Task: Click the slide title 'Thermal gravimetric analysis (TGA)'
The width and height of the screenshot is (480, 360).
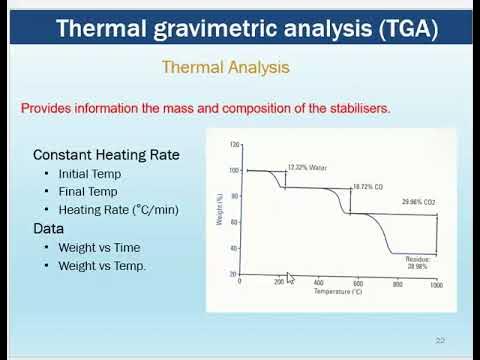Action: click(247, 28)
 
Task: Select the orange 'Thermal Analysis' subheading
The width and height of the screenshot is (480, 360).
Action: click(226, 68)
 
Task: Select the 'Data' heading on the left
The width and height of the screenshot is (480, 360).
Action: click(50, 228)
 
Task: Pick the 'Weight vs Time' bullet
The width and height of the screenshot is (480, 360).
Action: click(99, 247)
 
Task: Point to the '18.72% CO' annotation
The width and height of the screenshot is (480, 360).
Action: click(369, 187)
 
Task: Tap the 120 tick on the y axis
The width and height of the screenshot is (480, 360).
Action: click(234, 145)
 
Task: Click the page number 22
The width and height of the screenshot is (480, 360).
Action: click(440, 339)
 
